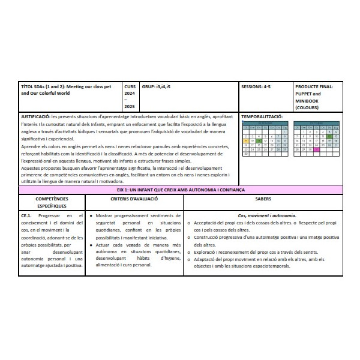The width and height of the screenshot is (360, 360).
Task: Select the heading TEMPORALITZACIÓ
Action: [x=262, y=115]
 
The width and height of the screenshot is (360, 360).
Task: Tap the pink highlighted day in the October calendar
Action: [x=316, y=149]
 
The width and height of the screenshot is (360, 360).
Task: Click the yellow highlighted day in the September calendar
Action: [x=245, y=140]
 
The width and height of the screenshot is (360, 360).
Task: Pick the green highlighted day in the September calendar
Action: [x=259, y=140]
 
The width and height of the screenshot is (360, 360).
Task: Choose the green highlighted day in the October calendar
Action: [x=329, y=136]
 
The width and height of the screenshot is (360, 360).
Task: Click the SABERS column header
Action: [x=262, y=198]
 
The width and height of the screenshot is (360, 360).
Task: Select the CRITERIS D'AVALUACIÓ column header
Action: [x=134, y=198]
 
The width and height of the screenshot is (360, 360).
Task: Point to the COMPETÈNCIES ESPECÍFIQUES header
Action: [x=52, y=202]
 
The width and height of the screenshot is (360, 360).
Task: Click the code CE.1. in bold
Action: [x=26, y=215]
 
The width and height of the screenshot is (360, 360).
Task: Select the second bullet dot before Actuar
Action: [x=91, y=245]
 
